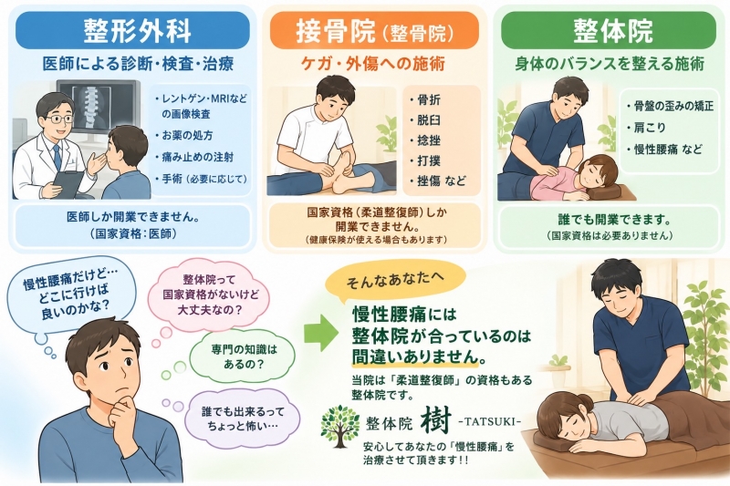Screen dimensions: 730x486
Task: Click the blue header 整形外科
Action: coord(133,31)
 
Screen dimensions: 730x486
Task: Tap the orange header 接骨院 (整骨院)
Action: coord(374,31)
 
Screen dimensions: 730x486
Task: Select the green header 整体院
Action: coord(609,31)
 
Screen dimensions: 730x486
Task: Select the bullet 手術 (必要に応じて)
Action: coord(201,179)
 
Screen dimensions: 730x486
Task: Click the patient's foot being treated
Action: coord(346,179)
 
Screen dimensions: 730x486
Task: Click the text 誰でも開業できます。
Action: coord(610,219)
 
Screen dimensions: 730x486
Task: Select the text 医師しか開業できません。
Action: coord(133,217)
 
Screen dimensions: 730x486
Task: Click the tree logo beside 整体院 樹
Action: coord(340,423)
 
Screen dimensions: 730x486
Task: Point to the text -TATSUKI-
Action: coord(489,422)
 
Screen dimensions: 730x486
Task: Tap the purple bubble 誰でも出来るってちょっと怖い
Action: coord(243,419)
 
